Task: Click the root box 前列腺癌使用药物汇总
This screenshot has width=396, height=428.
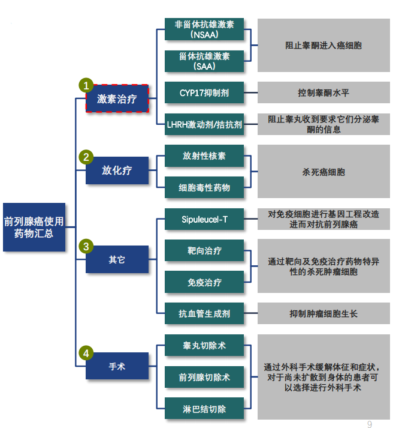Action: (34, 227)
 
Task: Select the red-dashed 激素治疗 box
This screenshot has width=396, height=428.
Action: (117, 99)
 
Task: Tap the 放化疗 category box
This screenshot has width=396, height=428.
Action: (117, 170)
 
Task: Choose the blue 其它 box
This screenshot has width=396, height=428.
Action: (117, 260)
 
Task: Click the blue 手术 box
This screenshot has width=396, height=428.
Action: (117, 366)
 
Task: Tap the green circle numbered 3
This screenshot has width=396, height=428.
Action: (86, 247)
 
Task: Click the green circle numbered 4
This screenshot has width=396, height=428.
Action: (86, 354)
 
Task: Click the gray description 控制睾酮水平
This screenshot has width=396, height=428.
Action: (324, 93)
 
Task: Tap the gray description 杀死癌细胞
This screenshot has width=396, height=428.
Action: (324, 172)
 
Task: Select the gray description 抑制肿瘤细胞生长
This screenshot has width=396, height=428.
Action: (324, 313)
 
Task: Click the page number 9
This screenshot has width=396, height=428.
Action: (370, 424)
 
